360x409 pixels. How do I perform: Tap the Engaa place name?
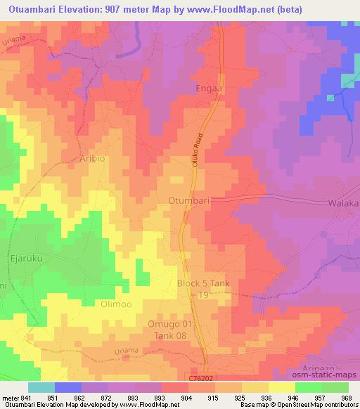208,90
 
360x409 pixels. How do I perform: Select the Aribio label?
92,158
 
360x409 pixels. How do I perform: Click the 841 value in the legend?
27,397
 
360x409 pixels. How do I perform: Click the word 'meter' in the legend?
10,397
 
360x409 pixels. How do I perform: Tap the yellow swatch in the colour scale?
282,387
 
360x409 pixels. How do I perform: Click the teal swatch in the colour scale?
41,387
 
